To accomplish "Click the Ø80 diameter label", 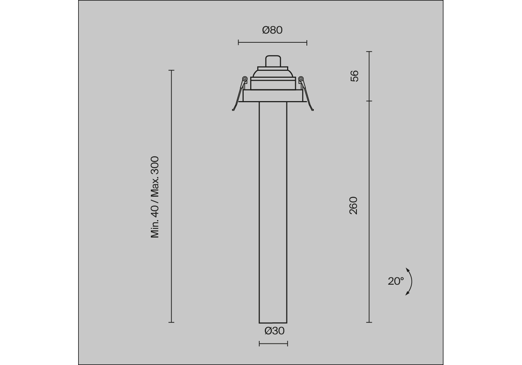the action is click(272, 30).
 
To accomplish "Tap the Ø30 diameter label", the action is click(275, 331).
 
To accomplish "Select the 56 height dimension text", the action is click(354, 76).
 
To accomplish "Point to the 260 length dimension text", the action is click(354, 205).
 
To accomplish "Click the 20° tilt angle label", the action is click(396, 281).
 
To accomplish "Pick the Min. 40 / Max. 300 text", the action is click(155, 197).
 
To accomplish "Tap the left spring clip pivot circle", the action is click(245, 79).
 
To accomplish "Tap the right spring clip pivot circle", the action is click(301, 79).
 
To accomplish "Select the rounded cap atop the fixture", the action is click(273, 61).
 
